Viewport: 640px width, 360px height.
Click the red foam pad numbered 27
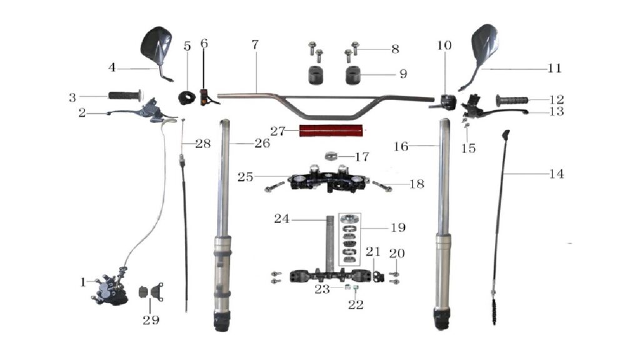tap(331, 131)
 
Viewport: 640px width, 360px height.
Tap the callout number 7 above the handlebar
tap(255, 44)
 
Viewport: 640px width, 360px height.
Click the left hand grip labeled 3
tap(125, 96)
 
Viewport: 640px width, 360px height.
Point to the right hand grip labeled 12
tap(512, 100)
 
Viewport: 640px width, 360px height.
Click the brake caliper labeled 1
tap(110, 289)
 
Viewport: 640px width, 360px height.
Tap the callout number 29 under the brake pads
tap(151, 320)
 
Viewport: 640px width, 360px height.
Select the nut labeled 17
tap(331, 156)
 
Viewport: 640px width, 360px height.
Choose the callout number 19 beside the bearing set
tap(398, 227)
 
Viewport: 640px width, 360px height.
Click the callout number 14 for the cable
tap(556, 174)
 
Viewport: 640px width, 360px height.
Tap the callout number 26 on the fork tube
tap(262, 143)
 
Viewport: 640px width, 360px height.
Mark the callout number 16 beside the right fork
tap(401, 146)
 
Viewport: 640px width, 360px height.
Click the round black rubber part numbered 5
tap(187, 98)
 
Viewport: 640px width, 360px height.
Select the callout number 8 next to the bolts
tap(395, 49)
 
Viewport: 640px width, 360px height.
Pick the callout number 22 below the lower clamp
tap(356, 304)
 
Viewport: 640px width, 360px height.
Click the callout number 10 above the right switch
tap(444, 45)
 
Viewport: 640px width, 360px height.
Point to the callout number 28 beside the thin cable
tap(203, 144)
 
